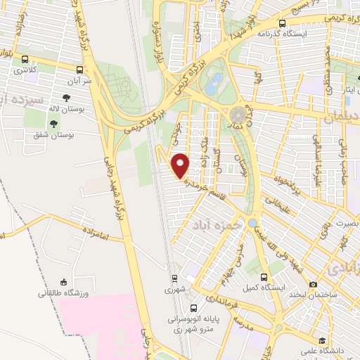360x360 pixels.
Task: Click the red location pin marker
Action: coord(181,165)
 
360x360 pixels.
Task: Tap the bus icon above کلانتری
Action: coord(26,60)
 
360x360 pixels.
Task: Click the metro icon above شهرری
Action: coord(174,278)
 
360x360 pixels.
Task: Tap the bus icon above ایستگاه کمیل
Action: coord(264,277)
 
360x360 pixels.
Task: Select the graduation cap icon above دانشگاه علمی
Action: coord(322,339)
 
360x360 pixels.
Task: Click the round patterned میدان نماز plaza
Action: coord(238,113)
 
